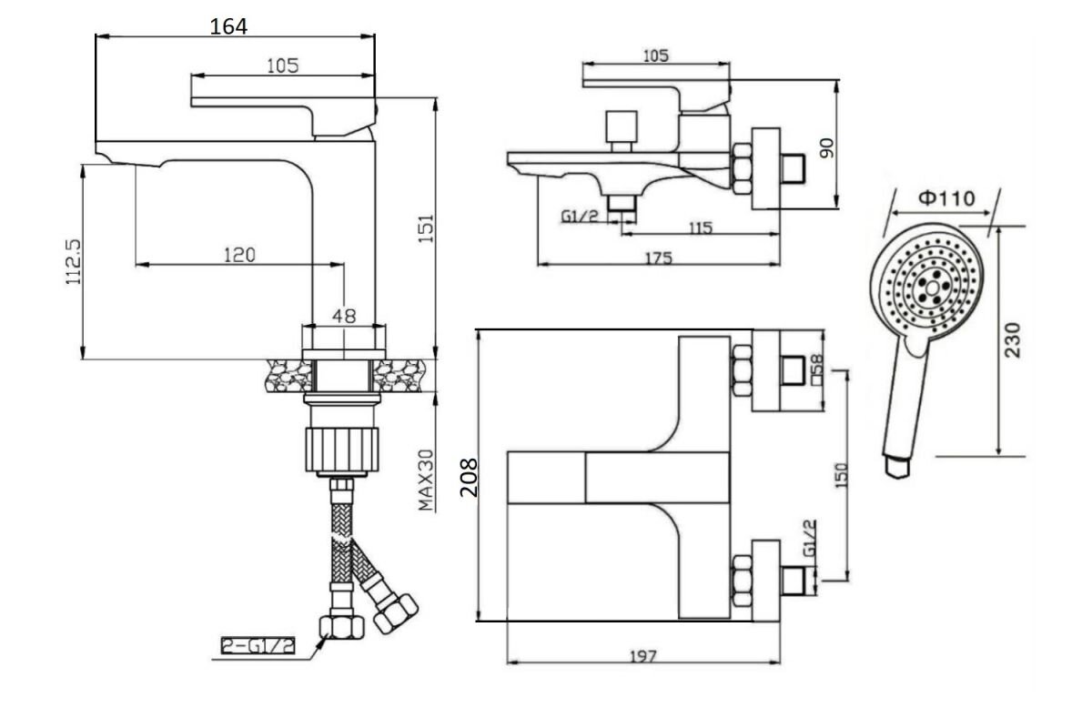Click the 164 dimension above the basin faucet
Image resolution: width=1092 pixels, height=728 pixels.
pos(228,26)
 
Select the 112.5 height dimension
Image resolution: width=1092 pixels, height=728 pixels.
pos(74,262)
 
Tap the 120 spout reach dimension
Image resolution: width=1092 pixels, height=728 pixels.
pos(239,255)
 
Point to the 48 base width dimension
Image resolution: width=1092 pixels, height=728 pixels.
pos(344,316)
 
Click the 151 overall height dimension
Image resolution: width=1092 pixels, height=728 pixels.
pos(426,228)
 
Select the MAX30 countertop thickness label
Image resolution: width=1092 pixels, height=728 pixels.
pos(426,480)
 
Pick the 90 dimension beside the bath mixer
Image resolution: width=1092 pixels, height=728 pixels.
pos(827,147)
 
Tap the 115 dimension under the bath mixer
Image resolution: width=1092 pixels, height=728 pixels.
pos(701,227)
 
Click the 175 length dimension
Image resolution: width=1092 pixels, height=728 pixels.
pos(659,258)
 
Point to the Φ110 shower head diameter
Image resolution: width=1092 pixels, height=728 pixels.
pos(946,198)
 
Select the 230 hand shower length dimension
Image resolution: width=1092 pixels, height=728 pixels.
pos(1013,339)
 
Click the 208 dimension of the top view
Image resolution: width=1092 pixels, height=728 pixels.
pos(469,478)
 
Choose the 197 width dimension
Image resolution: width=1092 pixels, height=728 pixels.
pos(643,656)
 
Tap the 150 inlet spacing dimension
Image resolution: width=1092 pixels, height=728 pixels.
pos(842,475)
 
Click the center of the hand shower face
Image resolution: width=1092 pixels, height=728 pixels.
pos(932,288)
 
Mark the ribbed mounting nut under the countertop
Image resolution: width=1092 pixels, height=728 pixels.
pos(342,450)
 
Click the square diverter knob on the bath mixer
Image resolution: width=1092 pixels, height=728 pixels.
pos(622,126)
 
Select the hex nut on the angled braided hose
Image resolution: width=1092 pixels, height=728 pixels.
pos(396,613)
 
